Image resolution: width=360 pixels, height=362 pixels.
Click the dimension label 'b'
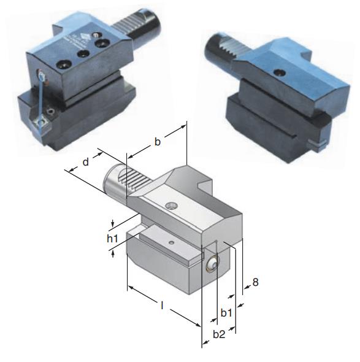(x=157, y=142)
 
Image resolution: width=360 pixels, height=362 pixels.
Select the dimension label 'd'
(x=86, y=162)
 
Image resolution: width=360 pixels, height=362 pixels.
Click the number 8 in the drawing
(x=255, y=283)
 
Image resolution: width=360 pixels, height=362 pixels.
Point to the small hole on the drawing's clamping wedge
(x=172, y=243)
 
